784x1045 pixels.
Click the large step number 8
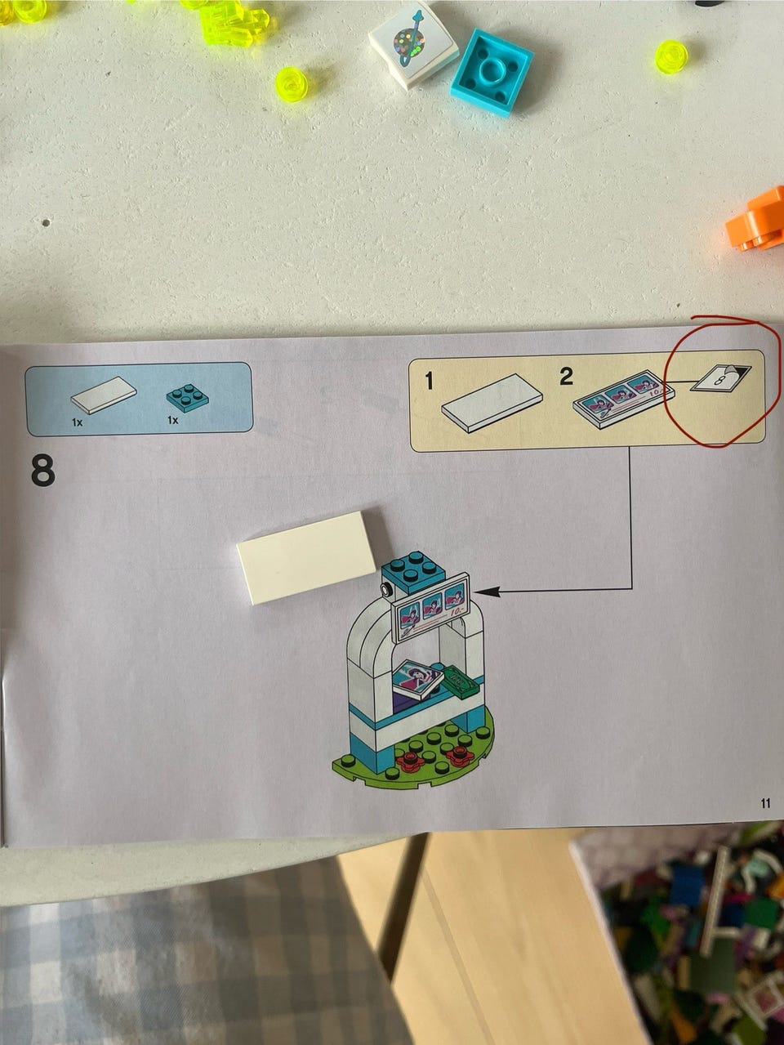pyautogui.click(x=42, y=470)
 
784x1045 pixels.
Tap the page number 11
pyautogui.click(x=765, y=802)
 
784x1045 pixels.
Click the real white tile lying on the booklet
pyautogui.click(x=307, y=557)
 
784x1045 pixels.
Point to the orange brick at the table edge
pyautogui.click(x=757, y=220)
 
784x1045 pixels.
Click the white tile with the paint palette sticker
pyautogui.click(x=413, y=45)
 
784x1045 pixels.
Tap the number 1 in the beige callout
pyautogui.click(x=429, y=381)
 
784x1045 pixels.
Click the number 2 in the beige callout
pyautogui.click(x=566, y=377)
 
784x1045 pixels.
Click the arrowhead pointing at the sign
pyautogui.click(x=485, y=592)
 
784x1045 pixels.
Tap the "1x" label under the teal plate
pyautogui.click(x=172, y=421)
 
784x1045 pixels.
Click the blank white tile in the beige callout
pyautogui.click(x=492, y=403)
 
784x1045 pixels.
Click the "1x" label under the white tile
pyautogui.click(x=77, y=422)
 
